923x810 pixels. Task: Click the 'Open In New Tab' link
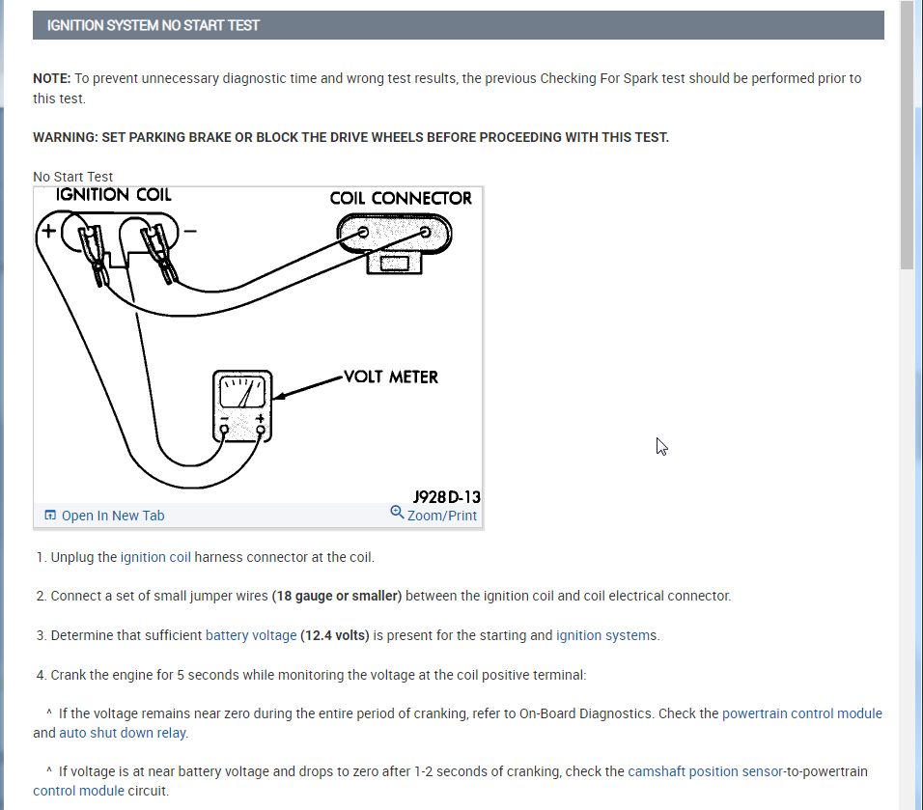pyautogui.click(x=112, y=516)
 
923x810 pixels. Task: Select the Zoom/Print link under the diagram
pyautogui.click(x=441, y=515)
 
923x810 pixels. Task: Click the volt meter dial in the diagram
pyautogui.click(x=243, y=391)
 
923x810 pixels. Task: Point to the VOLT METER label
pyautogui.click(x=390, y=377)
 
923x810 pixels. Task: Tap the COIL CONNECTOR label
pyautogui.click(x=401, y=198)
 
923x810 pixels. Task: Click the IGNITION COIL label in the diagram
pyautogui.click(x=114, y=194)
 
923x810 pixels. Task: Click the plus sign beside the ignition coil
pyautogui.click(x=45, y=231)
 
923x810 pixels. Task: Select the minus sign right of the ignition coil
pyautogui.click(x=190, y=232)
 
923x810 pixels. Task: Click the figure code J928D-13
pyautogui.click(x=447, y=496)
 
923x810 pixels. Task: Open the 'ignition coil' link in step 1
pyautogui.click(x=155, y=557)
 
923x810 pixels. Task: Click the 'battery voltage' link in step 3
pyautogui.click(x=251, y=635)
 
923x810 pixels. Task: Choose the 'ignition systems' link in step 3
pyautogui.click(x=606, y=635)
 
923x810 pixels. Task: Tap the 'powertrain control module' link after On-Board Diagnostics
pyautogui.click(x=801, y=713)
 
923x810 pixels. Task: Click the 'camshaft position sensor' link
pyautogui.click(x=705, y=771)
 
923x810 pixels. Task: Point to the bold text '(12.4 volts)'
pyautogui.click(x=335, y=635)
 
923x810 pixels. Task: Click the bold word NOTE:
pyautogui.click(x=51, y=78)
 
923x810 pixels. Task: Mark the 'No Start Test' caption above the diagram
pyautogui.click(x=72, y=177)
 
